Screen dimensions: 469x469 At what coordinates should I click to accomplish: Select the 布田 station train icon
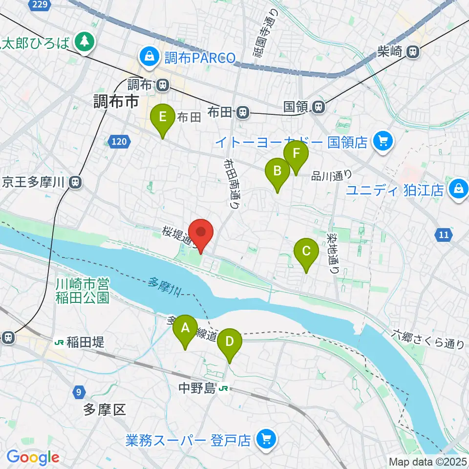(x=242, y=113)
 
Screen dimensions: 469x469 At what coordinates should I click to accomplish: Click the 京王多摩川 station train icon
(x=74, y=182)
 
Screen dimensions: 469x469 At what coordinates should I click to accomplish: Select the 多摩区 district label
(x=104, y=409)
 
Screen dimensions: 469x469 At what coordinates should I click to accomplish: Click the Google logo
(x=33, y=457)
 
